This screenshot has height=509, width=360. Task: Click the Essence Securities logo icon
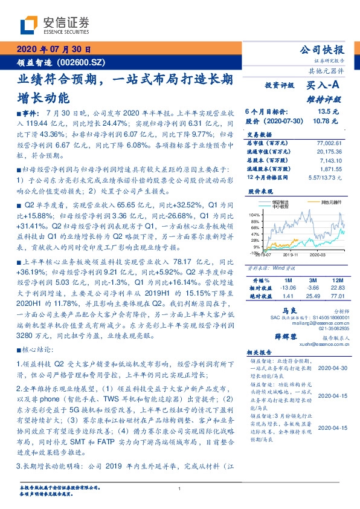coord(28,25)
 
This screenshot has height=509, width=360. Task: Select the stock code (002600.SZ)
coord(77,62)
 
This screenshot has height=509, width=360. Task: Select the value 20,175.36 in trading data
coord(330,152)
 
